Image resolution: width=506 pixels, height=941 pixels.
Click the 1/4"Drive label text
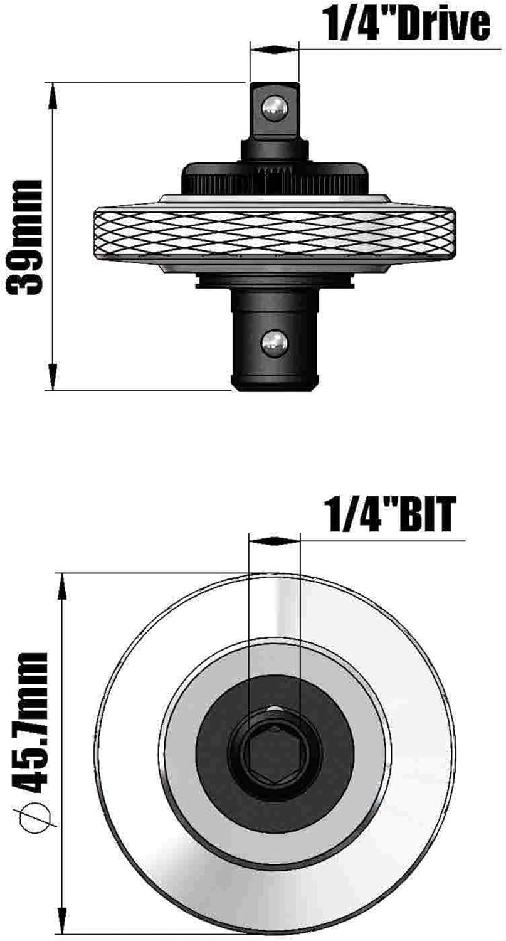pos(406,25)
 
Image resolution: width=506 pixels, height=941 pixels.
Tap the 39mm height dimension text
pos(24,238)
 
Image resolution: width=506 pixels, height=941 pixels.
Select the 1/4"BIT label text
pos(391,514)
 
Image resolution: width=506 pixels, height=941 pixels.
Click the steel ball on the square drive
pos(275,109)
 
